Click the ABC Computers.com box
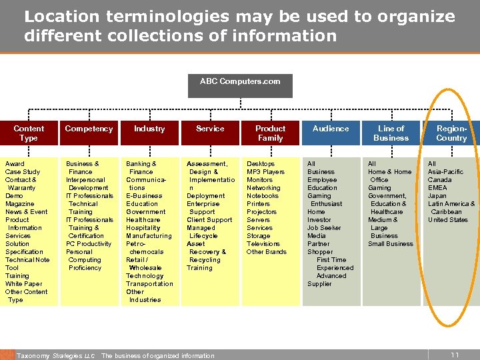pos(240,82)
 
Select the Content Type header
pos(29,133)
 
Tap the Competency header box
pos(89,129)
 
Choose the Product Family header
pos(270,133)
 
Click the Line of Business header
pos(391,133)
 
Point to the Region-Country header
pos(451,133)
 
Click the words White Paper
pos(24,284)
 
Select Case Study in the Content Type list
pos(23,172)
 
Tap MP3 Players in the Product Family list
pos(265,172)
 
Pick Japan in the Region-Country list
pos(437,196)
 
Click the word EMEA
pos(437,188)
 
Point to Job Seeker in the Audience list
pos(325,228)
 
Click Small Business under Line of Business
pos(391,244)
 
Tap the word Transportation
pos(149,284)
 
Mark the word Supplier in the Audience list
pos(319,284)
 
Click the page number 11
pos(455,355)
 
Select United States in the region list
pos(448,220)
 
